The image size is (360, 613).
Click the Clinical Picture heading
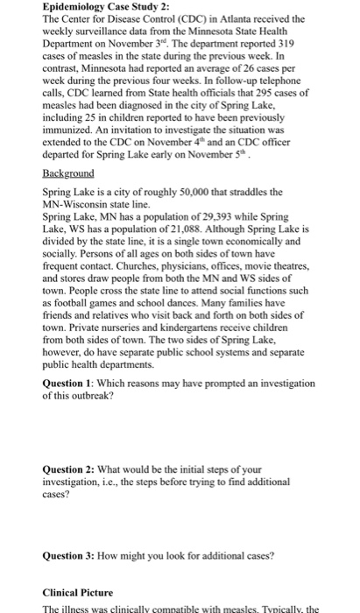tap(82, 592)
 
